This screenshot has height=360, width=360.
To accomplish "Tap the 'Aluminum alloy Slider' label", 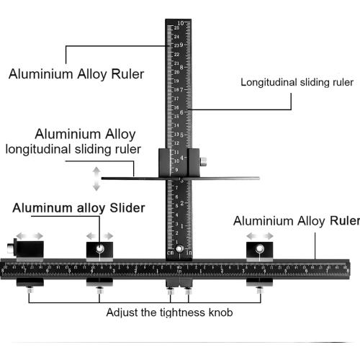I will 79,207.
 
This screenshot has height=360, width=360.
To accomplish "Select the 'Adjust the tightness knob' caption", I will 169,312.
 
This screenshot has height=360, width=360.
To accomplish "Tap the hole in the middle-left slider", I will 99,249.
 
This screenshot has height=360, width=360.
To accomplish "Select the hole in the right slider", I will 260,249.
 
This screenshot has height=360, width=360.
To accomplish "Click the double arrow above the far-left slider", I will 30,235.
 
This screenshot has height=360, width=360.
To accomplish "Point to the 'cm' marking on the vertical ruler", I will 171,253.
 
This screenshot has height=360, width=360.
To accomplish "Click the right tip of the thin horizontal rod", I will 258,178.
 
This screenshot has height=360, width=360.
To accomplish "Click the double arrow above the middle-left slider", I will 99,235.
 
